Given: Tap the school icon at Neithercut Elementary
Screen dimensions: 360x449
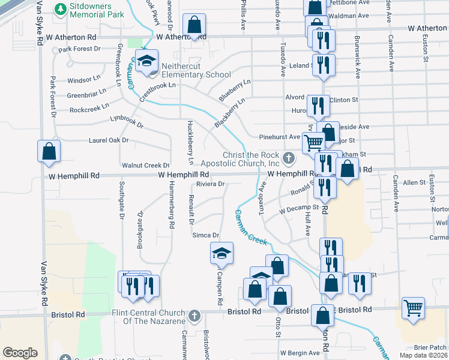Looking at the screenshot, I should (146, 61).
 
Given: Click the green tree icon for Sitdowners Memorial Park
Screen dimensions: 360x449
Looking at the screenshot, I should (59, 9).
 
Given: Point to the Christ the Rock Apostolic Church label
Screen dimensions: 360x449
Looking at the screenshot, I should (252, 159).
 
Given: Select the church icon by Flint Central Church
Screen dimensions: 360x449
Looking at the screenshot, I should (193, 316).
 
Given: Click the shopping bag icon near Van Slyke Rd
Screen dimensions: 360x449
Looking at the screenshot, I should (49, 152).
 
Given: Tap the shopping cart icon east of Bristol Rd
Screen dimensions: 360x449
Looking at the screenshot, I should (414, 308).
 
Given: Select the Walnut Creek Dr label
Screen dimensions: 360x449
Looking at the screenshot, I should (145, 165).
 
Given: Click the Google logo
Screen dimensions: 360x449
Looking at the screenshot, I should (20, 353).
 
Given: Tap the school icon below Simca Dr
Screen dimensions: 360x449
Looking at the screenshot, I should (221, 254).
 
